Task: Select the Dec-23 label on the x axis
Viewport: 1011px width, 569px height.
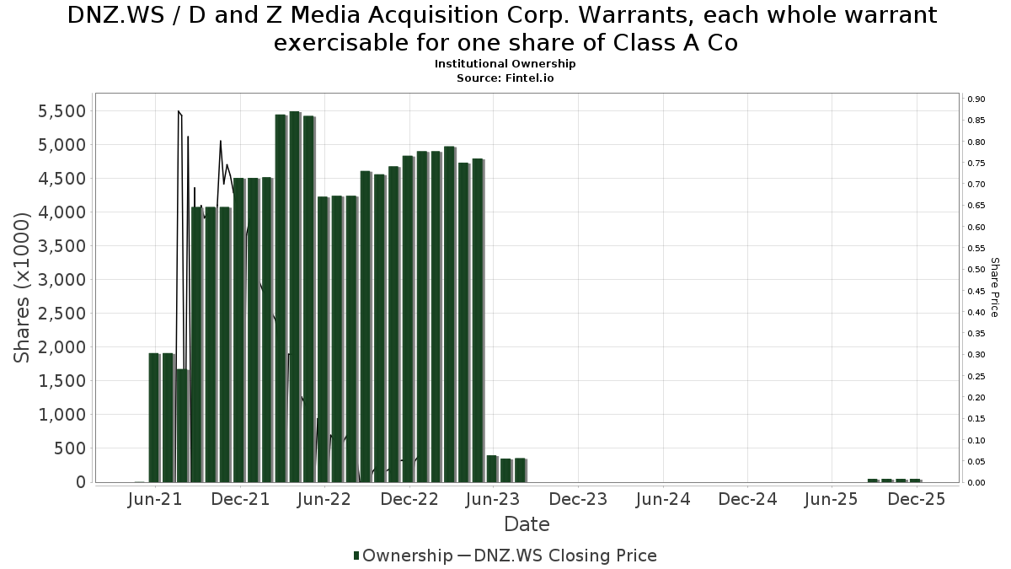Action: [x=579, y=499]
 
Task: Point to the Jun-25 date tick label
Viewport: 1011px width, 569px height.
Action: [x=832, y=499]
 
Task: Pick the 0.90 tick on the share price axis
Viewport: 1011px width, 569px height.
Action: [x=976, y=99]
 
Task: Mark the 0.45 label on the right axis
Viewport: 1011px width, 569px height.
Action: [x=976, y=292]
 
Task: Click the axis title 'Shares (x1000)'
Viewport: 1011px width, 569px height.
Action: [x=23, y=287]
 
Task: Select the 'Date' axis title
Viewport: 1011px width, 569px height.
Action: [x=527, y=524]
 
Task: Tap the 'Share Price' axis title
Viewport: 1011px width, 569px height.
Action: [x=995, y=287]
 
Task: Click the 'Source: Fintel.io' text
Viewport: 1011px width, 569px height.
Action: [x=505, y=78]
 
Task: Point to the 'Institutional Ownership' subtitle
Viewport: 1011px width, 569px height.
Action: [x=505, y=64]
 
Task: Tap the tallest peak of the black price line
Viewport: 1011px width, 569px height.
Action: [x=178, y=111]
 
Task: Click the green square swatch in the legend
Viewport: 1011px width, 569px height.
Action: [x=356, y=556]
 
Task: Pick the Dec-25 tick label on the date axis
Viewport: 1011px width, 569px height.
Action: [x=917, y=499]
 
